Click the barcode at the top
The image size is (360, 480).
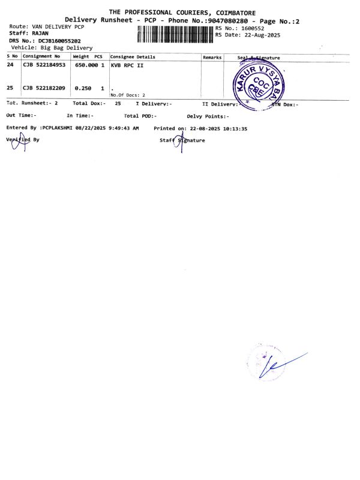(175, 34)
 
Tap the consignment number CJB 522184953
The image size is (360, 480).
(44, 64)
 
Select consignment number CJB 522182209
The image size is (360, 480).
(44, 88)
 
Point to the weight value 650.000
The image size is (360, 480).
(86, 64)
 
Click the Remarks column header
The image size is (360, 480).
(212, 57)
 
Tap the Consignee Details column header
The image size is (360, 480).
(133, 57)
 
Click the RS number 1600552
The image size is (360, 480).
(250, 28)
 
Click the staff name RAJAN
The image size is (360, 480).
(41, 34)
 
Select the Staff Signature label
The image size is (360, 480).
(182, 140)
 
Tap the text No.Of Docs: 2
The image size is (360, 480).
(128, 95)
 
